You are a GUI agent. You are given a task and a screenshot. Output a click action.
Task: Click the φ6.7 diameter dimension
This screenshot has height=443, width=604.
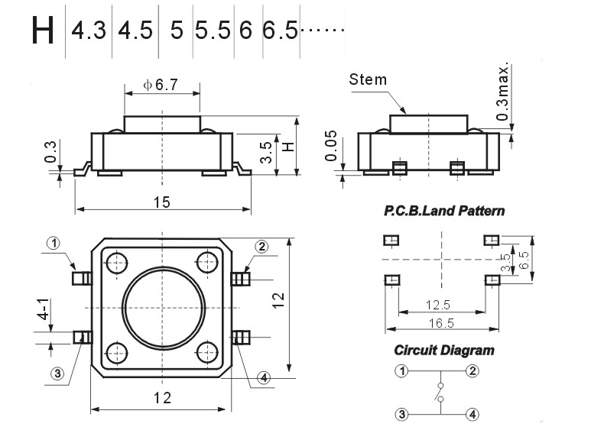[161, 85]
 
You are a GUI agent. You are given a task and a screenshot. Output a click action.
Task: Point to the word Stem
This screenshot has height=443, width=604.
[368, 79]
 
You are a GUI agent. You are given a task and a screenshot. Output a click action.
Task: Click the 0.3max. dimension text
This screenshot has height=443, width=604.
[502, 91]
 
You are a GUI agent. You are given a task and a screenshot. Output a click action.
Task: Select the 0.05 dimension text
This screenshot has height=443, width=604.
[330, 146]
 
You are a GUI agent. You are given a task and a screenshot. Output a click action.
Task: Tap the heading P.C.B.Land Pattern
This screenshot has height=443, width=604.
[444, 210]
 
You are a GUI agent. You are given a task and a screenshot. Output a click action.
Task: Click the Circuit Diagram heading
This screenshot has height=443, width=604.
[443, 351]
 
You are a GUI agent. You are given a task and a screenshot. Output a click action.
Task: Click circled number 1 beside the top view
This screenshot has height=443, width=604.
[54, 244]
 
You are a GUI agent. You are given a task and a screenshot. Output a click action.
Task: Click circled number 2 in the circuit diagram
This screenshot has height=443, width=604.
[473, 371]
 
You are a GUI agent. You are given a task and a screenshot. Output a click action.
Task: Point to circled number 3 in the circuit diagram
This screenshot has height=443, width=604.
[401, 415]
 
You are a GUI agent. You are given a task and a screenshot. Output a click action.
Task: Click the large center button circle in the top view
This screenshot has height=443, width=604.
[161, 308]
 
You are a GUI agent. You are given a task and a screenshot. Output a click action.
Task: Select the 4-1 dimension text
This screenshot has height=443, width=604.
[45, 309]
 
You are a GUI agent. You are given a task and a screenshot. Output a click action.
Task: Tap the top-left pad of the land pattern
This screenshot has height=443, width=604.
[391, 241]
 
